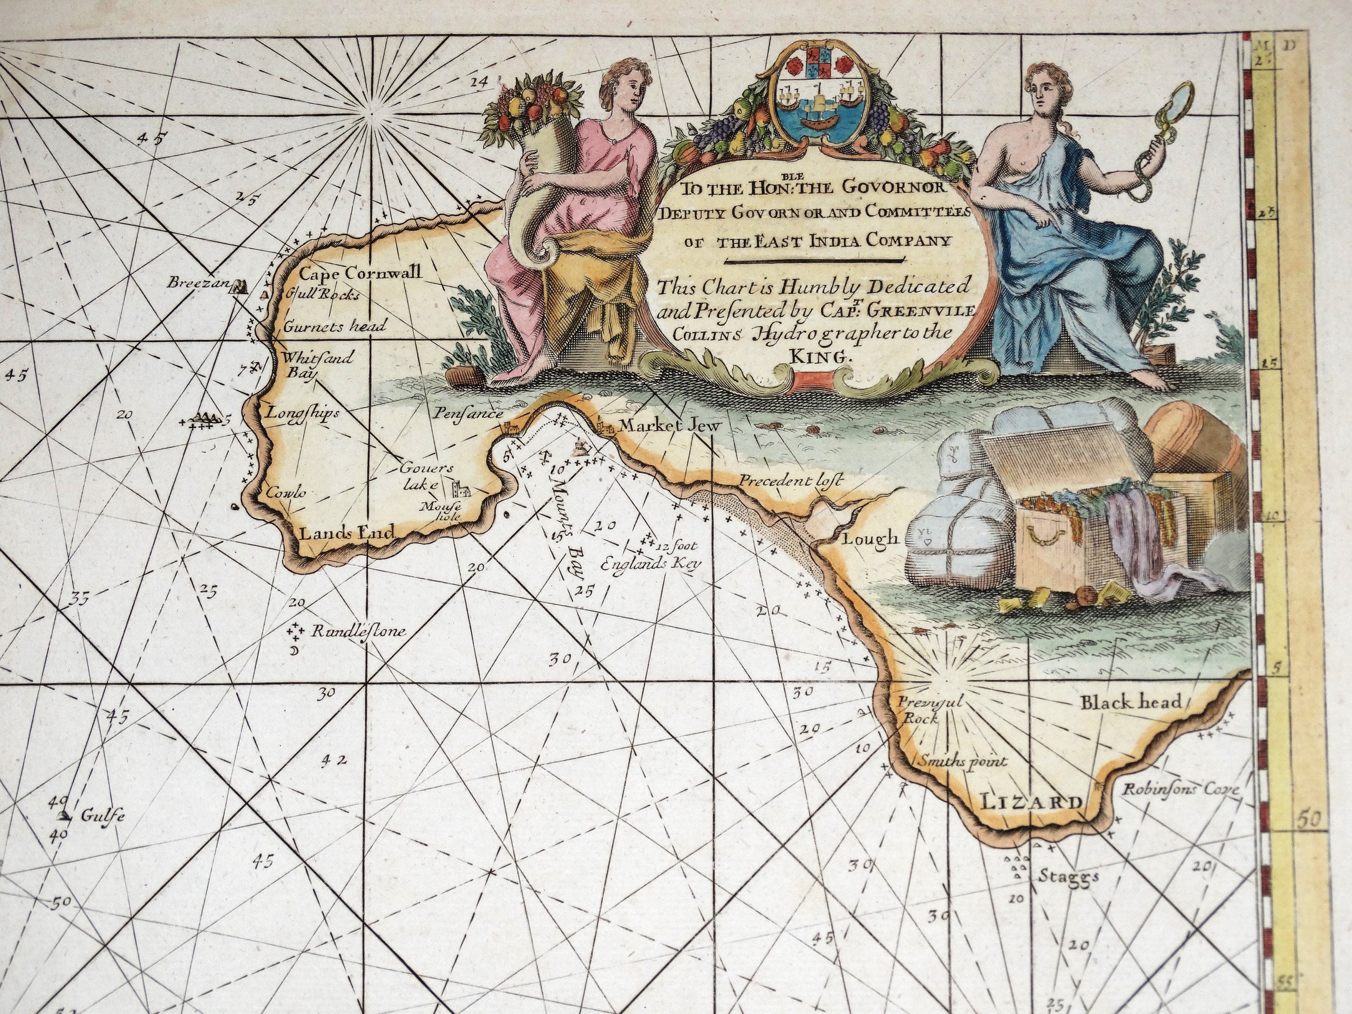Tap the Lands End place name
pos(346,533)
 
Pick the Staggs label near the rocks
pos(1069,877)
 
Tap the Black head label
pos(1131,702)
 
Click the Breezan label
pos(197,283)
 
